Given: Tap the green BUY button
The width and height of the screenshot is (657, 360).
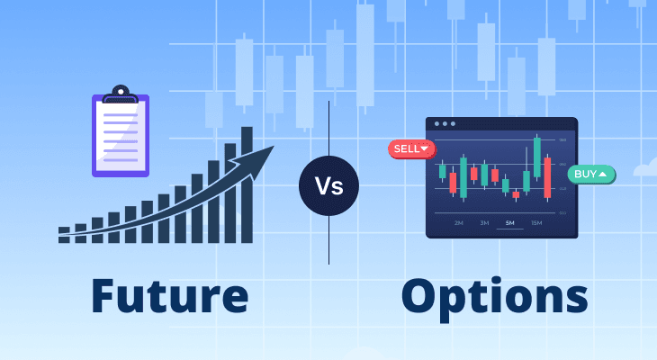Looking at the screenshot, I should (x=590, y=174).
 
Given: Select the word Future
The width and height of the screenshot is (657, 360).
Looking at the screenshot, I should (x=170, y=297).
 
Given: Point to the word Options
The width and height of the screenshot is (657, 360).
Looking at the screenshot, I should (x=494, y=297).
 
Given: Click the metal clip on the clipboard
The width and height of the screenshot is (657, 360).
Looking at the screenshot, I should (x=120, y=94).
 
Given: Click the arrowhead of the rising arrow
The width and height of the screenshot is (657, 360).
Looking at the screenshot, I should (x=262, y=159).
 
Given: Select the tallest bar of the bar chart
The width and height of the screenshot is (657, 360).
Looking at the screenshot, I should (x=247, y=184).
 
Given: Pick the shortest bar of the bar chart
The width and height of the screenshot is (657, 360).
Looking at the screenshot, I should (x=64, y=235).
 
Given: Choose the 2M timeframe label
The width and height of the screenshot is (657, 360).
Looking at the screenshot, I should (x=459, y=222).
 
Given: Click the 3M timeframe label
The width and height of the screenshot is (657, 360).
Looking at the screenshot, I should (x=484, y=222).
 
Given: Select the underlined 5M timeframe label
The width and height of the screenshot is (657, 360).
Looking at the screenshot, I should (x=510, y=222).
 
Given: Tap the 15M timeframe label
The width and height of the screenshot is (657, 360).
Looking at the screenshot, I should (x=536, y=222).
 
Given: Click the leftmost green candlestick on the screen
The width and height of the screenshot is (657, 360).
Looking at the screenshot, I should (x=442, y=170).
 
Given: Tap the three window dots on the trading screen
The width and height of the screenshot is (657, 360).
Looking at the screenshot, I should (x=445, y=123).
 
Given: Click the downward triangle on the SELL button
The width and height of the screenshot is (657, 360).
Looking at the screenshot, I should (x=425, y=148).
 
